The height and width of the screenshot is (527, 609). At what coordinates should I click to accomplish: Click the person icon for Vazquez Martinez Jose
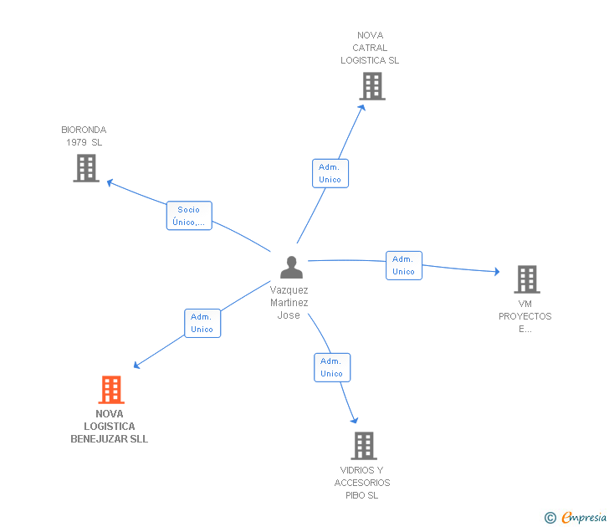coord(291,267)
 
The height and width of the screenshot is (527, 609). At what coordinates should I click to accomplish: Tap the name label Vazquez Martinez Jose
coord(289,302)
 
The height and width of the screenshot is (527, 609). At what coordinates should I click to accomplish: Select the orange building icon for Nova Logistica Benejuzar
coord(110,390)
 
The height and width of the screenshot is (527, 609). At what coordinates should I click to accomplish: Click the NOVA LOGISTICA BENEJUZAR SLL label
coord(110,427)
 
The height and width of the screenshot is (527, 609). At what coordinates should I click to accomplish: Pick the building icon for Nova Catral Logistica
coord(371,85)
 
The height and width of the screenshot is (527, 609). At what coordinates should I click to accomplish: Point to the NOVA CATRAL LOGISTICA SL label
coord(370,48)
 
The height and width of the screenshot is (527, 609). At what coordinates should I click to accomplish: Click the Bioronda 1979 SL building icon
coord(85,167)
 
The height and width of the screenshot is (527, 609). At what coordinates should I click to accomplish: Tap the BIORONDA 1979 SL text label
coord(84,136)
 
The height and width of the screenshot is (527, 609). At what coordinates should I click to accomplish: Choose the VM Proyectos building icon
coord(526,279)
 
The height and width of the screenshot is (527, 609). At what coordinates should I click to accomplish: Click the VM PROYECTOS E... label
coord(525,316)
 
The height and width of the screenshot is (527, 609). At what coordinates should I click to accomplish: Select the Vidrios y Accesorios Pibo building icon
coord(363,445)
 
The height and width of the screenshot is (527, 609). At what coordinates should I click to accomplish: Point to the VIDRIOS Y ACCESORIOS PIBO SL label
coord(362,483)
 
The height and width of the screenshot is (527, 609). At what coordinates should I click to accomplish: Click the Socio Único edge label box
coord(189,216)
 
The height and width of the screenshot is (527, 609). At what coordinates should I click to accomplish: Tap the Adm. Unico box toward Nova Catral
coord(330,173)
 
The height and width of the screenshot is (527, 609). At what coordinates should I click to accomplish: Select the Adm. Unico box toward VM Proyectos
coord(404,265)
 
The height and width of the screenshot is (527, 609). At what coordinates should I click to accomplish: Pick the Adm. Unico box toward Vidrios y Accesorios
coord(332,367)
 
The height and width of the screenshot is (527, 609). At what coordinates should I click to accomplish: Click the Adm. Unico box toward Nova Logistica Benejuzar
coord(202,323)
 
